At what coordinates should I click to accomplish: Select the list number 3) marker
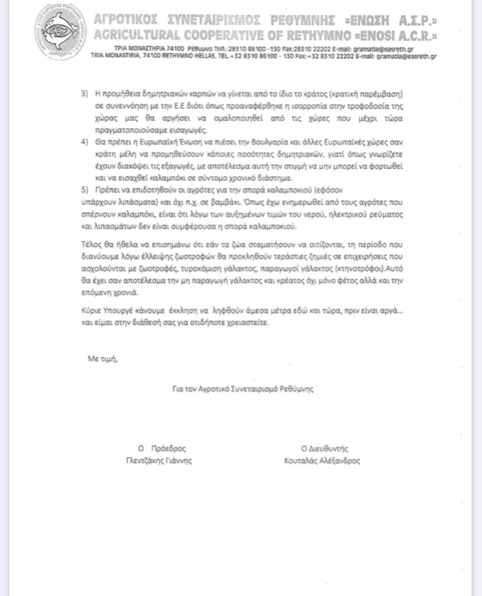[84, 94]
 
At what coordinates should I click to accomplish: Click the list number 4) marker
[84, 140]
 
